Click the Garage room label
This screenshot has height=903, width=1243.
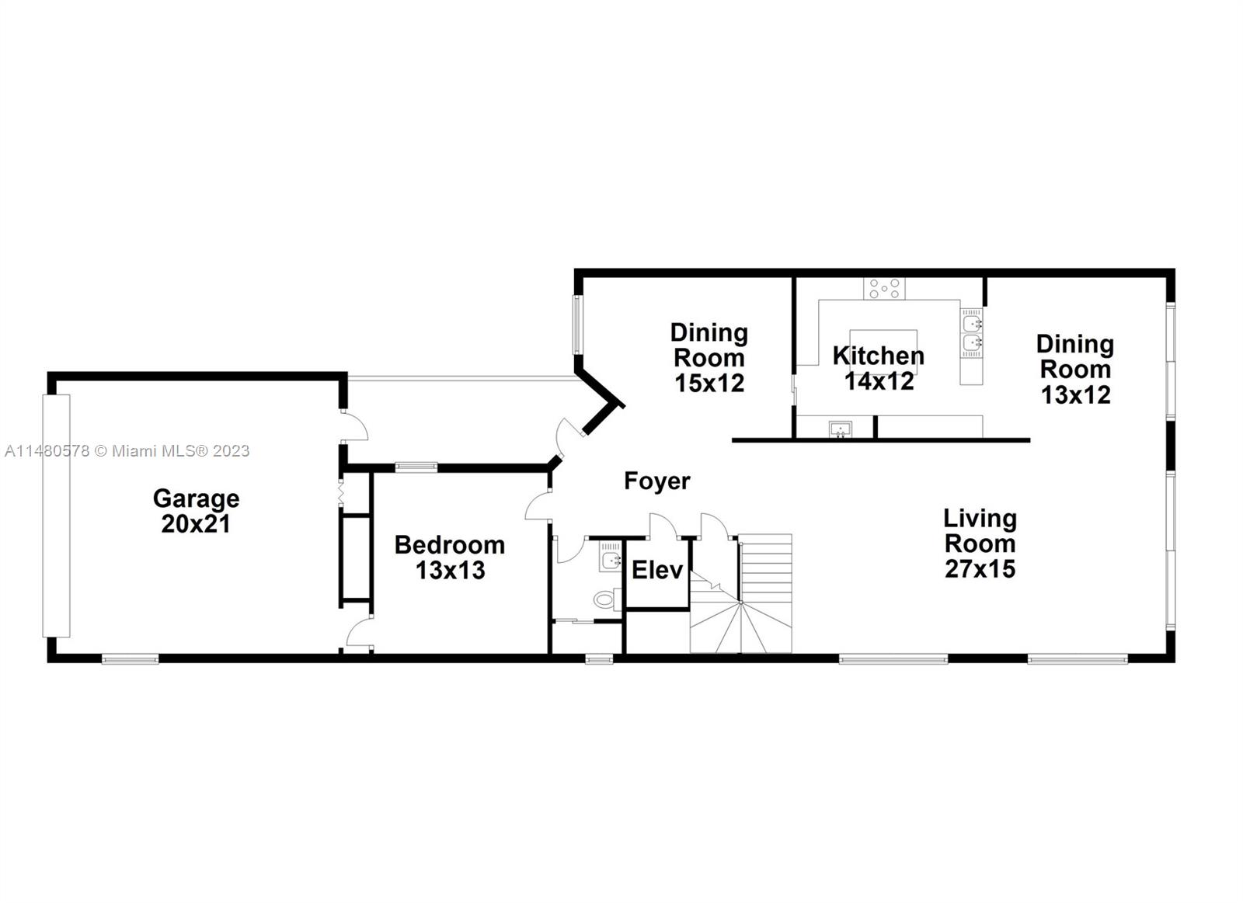coord(196,511)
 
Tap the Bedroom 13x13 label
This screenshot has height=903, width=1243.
coord(450,557)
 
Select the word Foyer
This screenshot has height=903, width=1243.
coord(657,481)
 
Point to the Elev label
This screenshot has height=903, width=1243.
coord(657,570)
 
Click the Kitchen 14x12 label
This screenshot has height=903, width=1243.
coord(879,368)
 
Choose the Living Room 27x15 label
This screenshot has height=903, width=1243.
coord(980,544)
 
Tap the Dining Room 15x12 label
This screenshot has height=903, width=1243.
coord(709,358)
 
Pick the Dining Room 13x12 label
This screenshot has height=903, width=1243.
coord(1075,370)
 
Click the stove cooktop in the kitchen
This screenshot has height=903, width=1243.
coord(884,288)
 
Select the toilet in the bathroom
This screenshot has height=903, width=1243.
coord(607,599)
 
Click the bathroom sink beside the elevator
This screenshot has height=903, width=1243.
coord(610,557)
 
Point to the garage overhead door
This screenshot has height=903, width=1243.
coord(56,516)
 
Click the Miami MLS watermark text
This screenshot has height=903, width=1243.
coord(127,451)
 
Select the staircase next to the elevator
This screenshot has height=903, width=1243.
coord(741,593)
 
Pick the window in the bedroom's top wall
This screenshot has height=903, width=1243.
coord(416,467)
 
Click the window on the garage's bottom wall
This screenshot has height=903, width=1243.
coord(130,658)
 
